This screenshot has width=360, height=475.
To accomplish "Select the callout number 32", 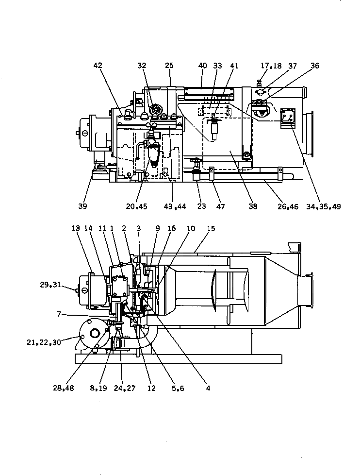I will (141, 66).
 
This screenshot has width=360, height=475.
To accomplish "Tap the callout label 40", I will (203, 66).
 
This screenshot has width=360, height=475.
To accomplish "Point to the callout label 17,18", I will (272, 66).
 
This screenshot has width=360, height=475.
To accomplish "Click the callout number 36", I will (315, 66).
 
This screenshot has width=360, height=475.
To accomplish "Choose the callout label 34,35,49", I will (324, 206).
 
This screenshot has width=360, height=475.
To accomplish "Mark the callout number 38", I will (253, 206).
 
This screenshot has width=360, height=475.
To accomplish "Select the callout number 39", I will (82, 206).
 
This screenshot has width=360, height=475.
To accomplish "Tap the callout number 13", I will (75, 228).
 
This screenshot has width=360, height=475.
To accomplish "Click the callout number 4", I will (208, 388).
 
